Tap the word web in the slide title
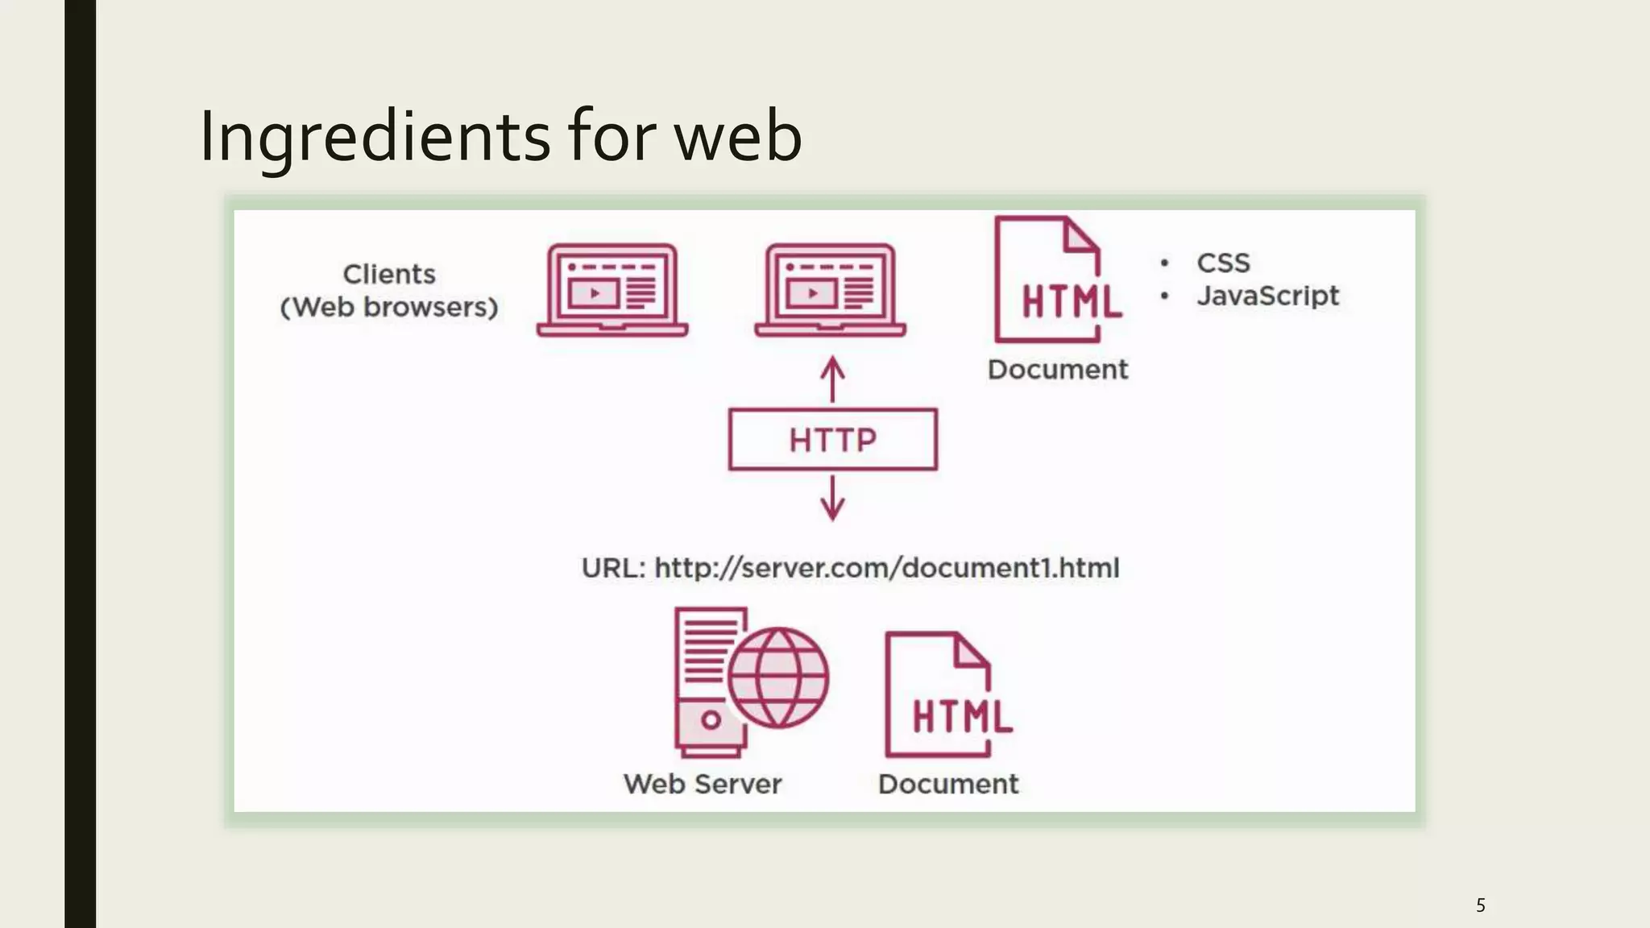tap(737, 137)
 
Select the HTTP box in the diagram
tap(832, 440)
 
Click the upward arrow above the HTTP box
tap(832, 379)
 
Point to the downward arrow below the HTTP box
tap(832, 498)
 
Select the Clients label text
tap(389, 274)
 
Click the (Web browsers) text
tap(389, 307)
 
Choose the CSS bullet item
tap(1222, 263)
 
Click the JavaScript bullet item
tap(1267, 296)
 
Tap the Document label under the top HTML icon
tap(1057, 370)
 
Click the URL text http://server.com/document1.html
tap(886, 568)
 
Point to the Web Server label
tap(703, 784)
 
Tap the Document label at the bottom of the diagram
tap(948, 784)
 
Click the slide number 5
tap(1480, 905)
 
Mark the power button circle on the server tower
tap(711, 719)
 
